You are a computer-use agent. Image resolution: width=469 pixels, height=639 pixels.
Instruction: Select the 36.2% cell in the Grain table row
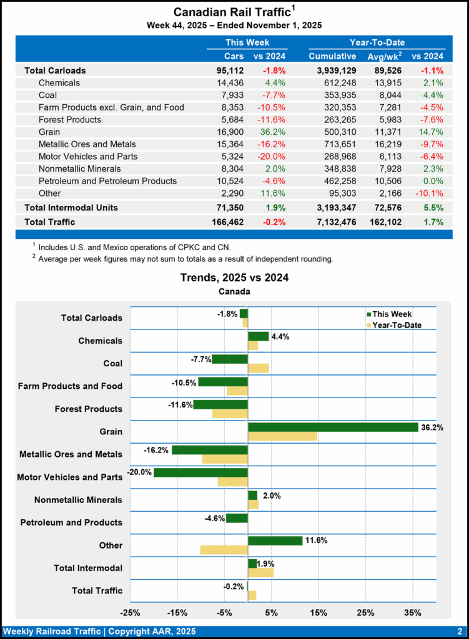click(x=271, y=132)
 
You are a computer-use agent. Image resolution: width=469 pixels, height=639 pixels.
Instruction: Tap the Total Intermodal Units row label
click(x=71, y=207)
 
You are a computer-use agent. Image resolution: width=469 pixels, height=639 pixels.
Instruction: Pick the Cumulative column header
click(x=332, y=56)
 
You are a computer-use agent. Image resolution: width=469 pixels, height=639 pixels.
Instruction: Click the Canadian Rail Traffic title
click(x=234, y=12)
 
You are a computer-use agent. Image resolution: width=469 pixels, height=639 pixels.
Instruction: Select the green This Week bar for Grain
click(x=333, y=427)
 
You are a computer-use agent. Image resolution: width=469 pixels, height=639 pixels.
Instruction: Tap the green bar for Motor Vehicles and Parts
click(x=200, y=472)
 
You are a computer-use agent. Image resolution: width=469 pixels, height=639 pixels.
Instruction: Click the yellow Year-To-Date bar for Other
click(x=224, y=550)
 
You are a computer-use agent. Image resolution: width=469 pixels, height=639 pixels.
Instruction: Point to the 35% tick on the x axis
click(x=413, y=612)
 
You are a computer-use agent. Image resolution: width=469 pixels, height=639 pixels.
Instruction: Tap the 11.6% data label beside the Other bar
click(x=317, y=540)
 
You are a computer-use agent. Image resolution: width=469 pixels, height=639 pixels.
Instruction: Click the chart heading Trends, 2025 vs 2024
click(x=234, y=277)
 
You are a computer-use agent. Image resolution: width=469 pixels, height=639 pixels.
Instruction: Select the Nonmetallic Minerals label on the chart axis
click(x=78, y=499)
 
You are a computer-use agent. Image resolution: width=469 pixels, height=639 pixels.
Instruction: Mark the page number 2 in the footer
click(x=459, y=631)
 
